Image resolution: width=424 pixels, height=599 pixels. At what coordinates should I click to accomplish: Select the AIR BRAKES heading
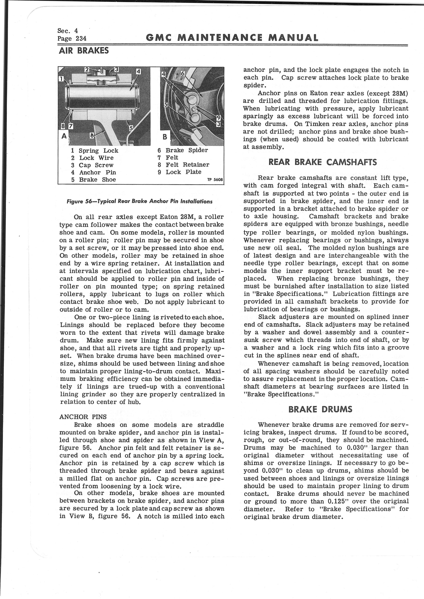pos(84,50)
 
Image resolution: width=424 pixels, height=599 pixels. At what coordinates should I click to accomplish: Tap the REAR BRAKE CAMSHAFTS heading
pos(322,162)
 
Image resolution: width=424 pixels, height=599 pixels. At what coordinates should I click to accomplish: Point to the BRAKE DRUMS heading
pos(320,409)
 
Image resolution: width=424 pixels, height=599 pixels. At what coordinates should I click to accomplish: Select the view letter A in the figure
pos(63,136)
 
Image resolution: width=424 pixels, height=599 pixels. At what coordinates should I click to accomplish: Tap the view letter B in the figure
pos(165,136)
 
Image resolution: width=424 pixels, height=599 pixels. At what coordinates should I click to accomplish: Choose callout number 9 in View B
pos(219,118)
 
